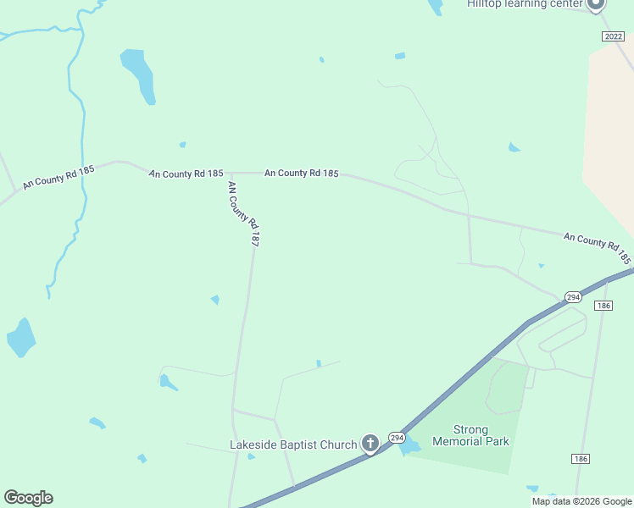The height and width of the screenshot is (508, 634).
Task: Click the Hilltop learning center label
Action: [525, 4]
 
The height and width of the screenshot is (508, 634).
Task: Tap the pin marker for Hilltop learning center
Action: [596, 3]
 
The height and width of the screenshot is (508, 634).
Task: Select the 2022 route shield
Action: [613, 36]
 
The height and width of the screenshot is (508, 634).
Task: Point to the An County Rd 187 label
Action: [242, 213]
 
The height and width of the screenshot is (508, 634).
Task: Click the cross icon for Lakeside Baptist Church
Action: [370, 443]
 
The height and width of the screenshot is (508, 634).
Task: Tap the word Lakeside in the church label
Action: [255, 444]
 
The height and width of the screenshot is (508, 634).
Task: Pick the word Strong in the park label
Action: [470, 429]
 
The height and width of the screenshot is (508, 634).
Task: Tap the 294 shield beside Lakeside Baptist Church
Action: [397, 437]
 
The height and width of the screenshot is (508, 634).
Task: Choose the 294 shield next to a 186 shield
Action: [574, 297]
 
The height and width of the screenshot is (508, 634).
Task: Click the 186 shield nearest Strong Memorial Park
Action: [580, 458]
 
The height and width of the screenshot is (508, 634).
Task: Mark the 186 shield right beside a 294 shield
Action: [603, 305]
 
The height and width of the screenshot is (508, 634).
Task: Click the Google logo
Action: [28, 498]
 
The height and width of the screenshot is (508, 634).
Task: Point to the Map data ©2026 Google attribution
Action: [581, 501]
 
